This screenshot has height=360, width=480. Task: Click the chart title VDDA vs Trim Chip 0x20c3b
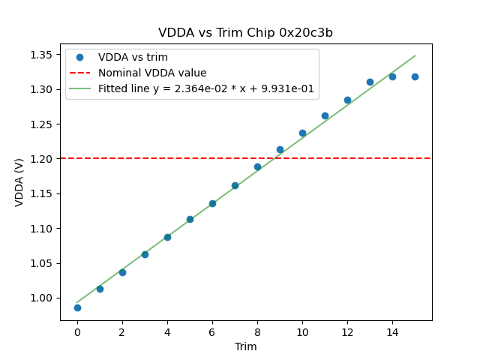coord(245,33)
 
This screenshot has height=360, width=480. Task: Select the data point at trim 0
coord(77,307)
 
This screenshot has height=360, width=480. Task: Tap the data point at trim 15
coord(415,76)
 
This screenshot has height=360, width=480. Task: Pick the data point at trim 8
coord(257,166)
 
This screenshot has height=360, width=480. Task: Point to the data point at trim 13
coord(370,82)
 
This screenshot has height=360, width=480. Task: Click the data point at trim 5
coord(190,219)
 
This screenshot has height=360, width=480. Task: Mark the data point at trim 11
coord(325,115)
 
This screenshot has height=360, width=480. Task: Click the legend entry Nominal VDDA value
coord(152,73)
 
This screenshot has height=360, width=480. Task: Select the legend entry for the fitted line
coord(208,88)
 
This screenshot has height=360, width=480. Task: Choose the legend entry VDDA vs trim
coord(133,57)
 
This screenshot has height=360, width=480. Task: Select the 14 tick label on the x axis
coord(392,331)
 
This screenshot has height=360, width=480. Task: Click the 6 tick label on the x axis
coord(212,331)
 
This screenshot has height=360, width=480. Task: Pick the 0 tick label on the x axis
coord(77,331)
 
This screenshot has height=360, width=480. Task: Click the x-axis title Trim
coord(245,346)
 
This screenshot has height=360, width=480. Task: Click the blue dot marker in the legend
coord(79,57)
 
